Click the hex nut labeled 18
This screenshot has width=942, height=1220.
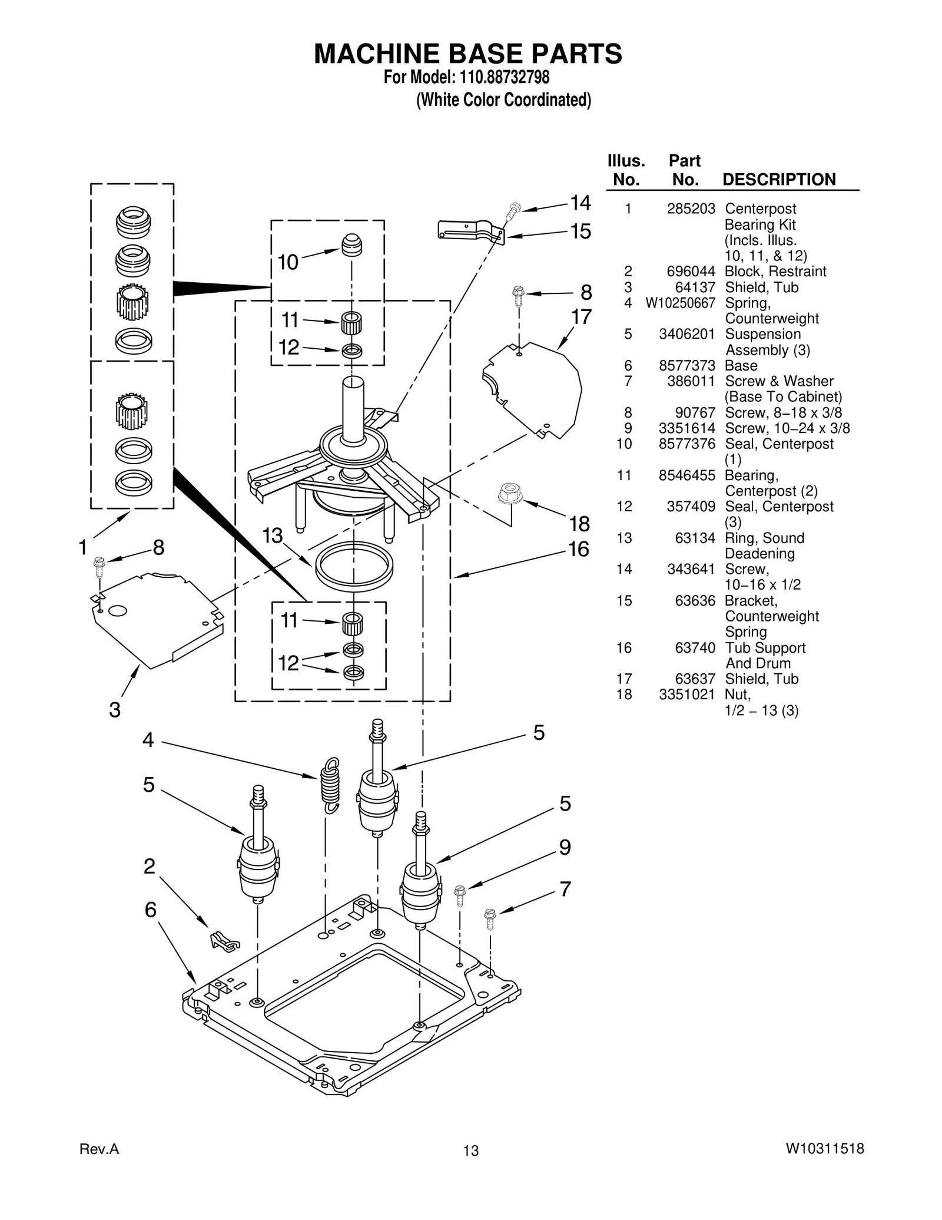coord(510,493)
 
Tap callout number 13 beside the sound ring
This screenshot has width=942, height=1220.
coord(273,535)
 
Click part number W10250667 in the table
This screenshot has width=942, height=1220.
coord(680,303)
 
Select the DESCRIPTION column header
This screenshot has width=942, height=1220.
coord(778,180)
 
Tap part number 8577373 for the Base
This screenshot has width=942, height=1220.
coord(686,365)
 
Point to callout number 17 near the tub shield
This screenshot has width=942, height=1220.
coord(581,317)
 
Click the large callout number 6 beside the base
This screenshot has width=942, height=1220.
coord(151,910)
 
